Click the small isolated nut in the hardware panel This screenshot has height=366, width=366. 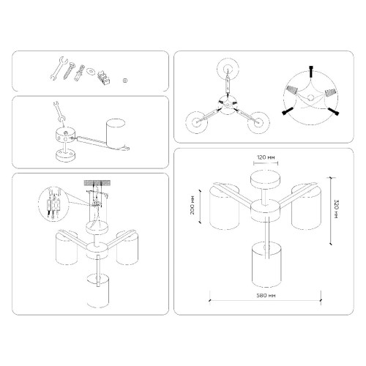124,79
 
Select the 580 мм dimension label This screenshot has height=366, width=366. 266,296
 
